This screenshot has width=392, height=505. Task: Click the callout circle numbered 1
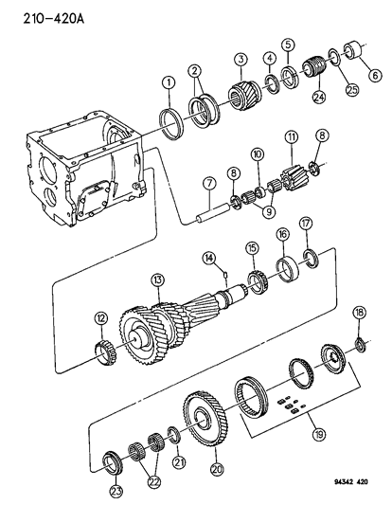168,84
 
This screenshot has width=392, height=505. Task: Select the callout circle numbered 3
241,59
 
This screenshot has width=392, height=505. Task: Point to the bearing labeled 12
107,355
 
